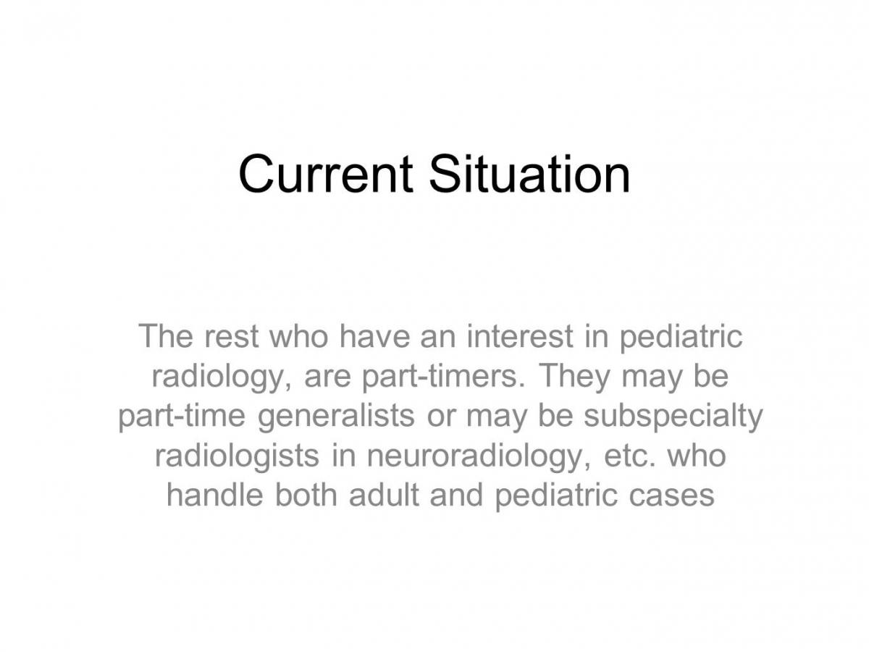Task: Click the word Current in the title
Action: pyautogui.click(x=325, y=174)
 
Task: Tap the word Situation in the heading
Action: pyautogui.click(x=529, y=174)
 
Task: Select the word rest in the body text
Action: pyautogui.click(x=231, y=336)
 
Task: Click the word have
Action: pyautogui.click(x=374, y=335)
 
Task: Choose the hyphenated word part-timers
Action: pyautogui.click(x=440, y=377)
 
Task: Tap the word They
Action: pyautogui.click(x=574, y=377)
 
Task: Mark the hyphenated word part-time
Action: pyautogui.click(x=182, y=417)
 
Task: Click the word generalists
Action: pyautogui.click(x=336, y=417)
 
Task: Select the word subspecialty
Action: pyautogui.click(x=673, y=417)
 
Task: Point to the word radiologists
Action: pyautogui.click(x=237, y=457)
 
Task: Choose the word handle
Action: pyautogui.click(x=215, y=495)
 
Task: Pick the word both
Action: pyautogui.click(x=306, y=495)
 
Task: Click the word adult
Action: pyautogui.click(x=384, y=495)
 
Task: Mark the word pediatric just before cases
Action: pyautogui.click(x=556, y=496)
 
